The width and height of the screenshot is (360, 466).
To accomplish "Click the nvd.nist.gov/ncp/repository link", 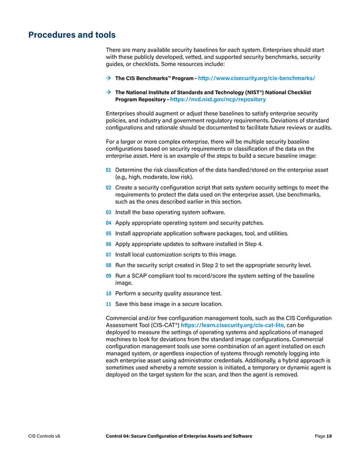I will pyautogui.click(x=218, y=99).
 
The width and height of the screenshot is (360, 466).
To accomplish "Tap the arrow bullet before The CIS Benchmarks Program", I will pyautogui.click(x=108, y=78).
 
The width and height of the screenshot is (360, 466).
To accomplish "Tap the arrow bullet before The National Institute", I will pyautogui.click(x=108, y=92).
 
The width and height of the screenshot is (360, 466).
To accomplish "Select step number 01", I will pyautogui.click(x=108, y=170).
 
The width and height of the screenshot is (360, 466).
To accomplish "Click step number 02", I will pyautogui.click(x=108, y=187).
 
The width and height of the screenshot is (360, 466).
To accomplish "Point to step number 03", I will pyautogui.click(x=108, y=212).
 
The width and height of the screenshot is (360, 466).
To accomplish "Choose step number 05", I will pyautogui.click(x=108, y=233).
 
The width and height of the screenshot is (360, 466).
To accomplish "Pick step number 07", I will pyautogui.click(x=108, y=254).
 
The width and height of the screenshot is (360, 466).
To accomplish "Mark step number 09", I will pyautogui.click(x=108, y=276).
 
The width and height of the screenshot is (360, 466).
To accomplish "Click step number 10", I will pyautogui.click(x=108, y=293).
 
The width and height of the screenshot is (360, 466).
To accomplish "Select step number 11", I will pyautogui.click(x=108, y=304).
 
